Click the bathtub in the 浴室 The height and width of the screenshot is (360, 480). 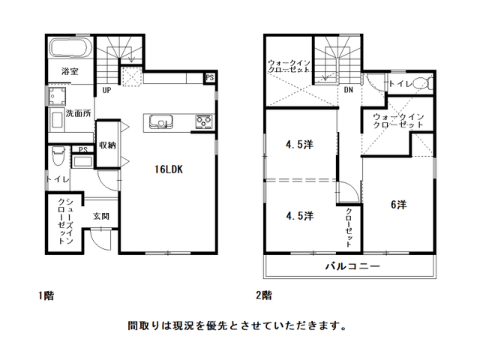click(70, 48)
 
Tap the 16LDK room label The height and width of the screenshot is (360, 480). click(168, 169)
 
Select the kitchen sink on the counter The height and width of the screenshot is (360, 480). click(161, 121)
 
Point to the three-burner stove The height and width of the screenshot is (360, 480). click(205, 121)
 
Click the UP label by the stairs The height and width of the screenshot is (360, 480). click(106, 90)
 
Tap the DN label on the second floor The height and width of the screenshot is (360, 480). click(348, 90)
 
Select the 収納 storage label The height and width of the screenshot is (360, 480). click(107, 145)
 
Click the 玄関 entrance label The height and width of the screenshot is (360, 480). click(101, 217)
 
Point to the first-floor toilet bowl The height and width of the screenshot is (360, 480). click(58, 156)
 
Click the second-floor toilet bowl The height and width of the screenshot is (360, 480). click(422, 83)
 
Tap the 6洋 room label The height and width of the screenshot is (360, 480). click(398, 205)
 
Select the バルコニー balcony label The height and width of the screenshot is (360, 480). click(352, 265)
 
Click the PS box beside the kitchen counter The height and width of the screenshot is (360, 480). click(210, 78)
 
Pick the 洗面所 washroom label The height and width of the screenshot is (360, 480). click(78, 113)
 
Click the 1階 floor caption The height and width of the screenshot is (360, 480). click(46, 295)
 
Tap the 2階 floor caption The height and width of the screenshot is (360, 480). click(264, 295)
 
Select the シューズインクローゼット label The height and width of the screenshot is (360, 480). click(65, 221)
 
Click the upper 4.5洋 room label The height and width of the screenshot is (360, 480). click(299, 145)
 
